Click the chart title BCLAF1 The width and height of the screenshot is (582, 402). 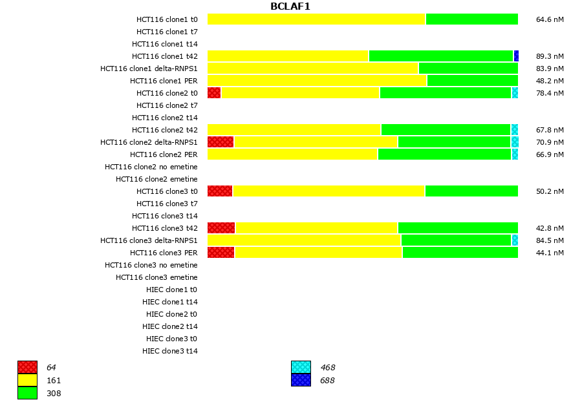click(x=290, y=6)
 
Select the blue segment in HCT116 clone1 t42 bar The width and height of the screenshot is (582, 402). click(x=516, y=56)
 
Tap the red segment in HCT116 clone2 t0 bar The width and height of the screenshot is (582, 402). click(x=214, y=93)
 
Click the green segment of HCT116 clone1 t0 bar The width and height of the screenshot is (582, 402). click(x=471, y=19)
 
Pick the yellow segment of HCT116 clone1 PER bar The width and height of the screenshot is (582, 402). click(x=317, y=81)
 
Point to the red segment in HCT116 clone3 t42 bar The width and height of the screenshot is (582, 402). click(x=221, y=228)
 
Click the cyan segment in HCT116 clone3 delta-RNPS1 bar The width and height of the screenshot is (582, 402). click(x=515, y=240)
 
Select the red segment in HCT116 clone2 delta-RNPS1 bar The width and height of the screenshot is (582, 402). click(x=221, y=142)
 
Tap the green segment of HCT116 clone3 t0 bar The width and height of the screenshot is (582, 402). click(x=471, y=191)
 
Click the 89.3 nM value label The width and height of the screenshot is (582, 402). click(x=550, y=56)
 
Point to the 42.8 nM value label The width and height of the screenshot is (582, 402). click(x=550, y=228)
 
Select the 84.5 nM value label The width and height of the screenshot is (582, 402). click(x=550, y=240)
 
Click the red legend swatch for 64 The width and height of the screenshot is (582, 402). click(x=27, y=367)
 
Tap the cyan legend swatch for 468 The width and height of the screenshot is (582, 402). click(x=301, y=367)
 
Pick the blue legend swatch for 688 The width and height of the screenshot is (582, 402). click(x=301, y=380)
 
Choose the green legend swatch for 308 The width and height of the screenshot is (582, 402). click(x=27, y=393)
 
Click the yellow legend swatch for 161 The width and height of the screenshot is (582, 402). click(x=27, y=380)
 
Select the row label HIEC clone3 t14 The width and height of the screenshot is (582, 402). click(x=170, y=351)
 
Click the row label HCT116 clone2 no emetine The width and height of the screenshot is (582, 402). click(x=151, y=167)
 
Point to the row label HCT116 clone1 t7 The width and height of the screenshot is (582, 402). click(x=167, y=32)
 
